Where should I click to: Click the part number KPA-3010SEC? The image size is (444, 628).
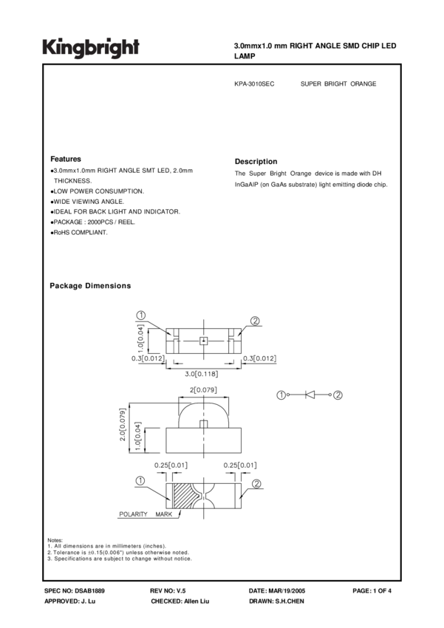point(254,83)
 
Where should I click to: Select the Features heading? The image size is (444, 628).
point(66,159)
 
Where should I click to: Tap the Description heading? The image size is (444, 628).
point(256,161)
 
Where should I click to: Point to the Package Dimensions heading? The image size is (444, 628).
point(90,285)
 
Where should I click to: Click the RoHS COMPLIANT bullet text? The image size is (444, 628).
point(79,233)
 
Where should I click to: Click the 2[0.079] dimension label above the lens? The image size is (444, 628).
point(202,389)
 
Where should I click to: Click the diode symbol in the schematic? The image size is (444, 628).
point(311,396)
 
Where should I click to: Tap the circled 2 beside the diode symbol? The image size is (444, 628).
point(338,396)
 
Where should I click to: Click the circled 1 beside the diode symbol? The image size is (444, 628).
point(282,396)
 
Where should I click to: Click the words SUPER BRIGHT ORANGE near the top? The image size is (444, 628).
point(338,83)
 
